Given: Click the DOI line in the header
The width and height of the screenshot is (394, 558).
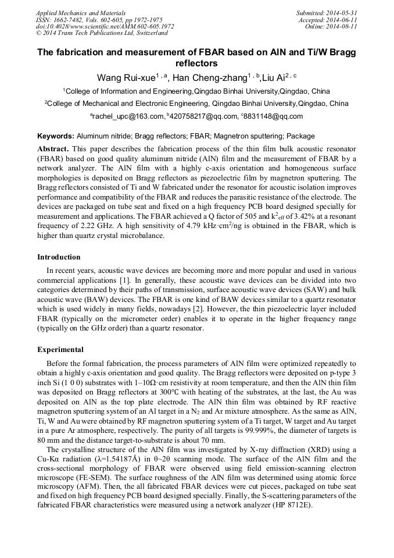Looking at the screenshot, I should (x=105, y=26).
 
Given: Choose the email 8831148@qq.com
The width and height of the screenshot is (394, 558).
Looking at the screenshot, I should (x=274, y=116).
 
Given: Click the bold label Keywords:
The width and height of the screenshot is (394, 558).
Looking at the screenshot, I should (x=56, y=136).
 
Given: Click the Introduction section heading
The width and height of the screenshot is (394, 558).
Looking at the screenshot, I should (x=59, y=257).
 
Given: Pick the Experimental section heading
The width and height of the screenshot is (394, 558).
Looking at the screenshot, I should (x=60, y=350).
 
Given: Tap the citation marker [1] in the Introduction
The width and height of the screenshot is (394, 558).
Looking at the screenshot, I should (x=124, y=280).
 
